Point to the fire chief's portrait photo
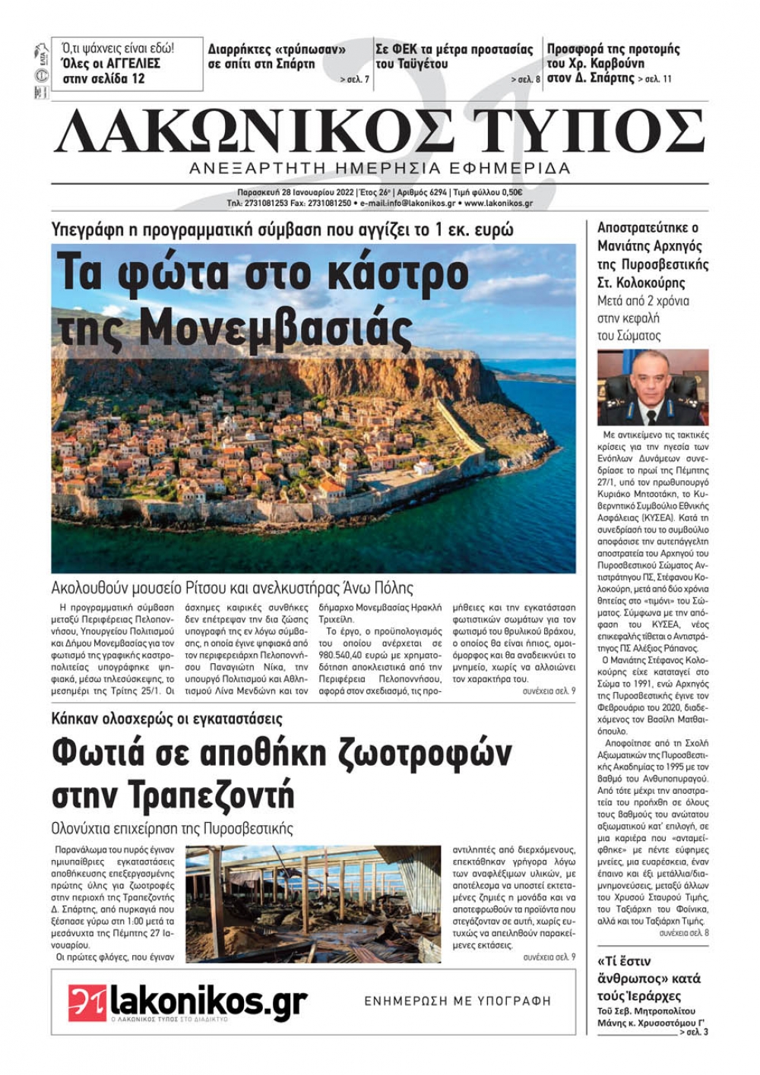point(652,387)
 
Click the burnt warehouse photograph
point(312,904)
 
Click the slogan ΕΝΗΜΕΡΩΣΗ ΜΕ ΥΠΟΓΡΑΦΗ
point(458,1001)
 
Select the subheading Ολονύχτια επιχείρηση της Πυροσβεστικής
point(172,828)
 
